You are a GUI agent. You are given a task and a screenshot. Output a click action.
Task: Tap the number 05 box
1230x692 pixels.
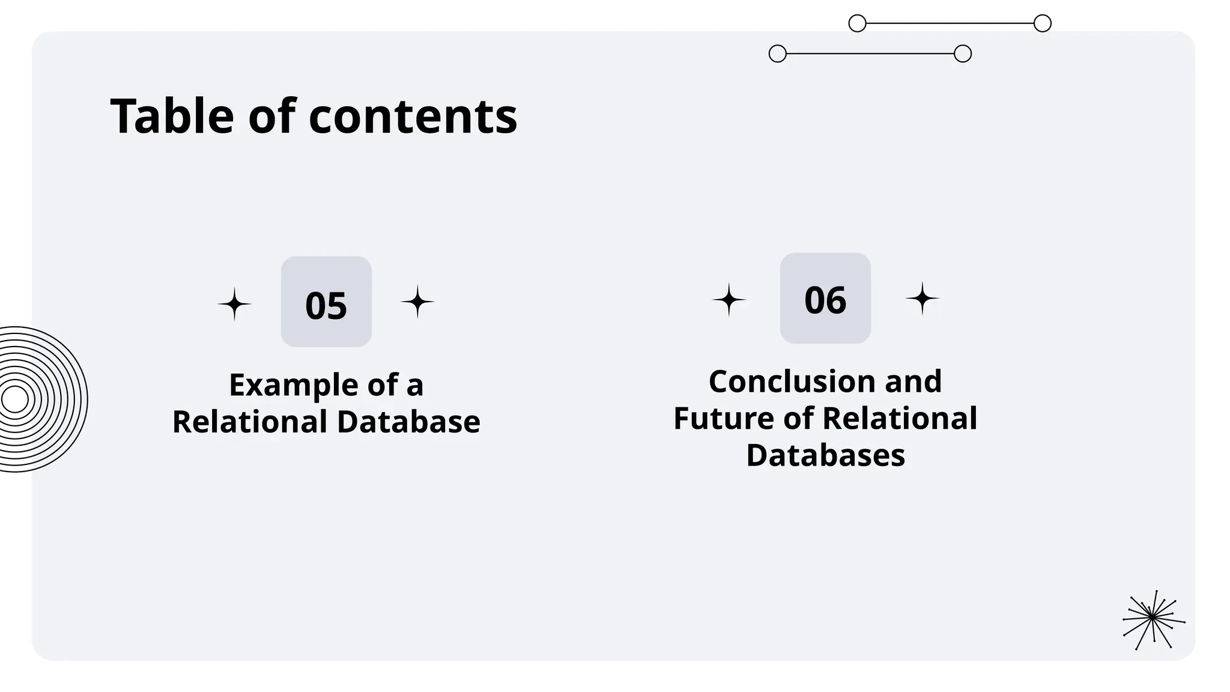pyautogui.click(x=326, y=302)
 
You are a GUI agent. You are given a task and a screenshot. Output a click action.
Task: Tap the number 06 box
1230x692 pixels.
pyautogui.click(x=825, y=299)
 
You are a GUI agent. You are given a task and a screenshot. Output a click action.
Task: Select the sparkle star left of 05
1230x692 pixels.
pyautogui.click(x=234, y=304)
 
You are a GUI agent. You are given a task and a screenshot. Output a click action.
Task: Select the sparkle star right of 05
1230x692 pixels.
pyautogui.click(x=417, y=302)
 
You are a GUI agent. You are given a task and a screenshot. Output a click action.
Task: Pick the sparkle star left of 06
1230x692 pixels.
pyautogui.click(x=729, y=300)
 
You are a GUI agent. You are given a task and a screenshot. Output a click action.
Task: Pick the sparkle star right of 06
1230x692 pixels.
pyautogui.click(x=922, y=299)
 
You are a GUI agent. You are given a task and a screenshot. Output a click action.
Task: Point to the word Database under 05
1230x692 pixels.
pyautogui.click(x=408, y=422)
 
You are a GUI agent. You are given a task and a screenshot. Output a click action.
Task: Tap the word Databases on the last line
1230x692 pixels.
pyautogui.click(x=825, y=455)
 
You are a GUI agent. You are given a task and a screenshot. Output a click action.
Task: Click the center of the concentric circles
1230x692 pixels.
pyautogui.click(x=14, y=399)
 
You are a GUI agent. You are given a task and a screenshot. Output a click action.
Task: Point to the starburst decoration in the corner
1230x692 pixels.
pyautogui.click(x=1153, y=619)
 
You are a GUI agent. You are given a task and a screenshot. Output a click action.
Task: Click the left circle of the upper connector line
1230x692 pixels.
pyautogui.click(x=857, y=23)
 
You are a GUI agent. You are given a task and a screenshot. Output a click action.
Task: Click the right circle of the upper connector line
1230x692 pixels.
pyautogui.click(x=1043, y=23)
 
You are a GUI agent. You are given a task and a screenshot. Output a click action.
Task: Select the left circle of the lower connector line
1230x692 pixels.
pyautogui.click(x=778, y=54)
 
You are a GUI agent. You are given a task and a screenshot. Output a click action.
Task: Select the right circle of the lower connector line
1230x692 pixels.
pyautogui.click(x=963, y=54)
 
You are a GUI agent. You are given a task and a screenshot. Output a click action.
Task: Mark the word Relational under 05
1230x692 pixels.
pyautogui.click(x=249, y=422)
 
